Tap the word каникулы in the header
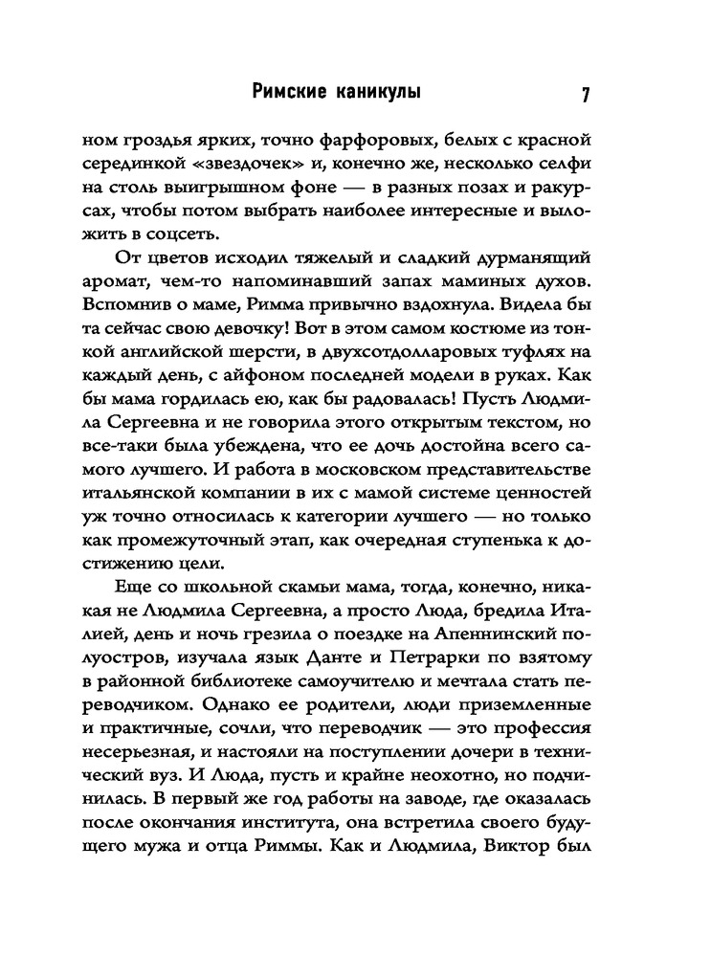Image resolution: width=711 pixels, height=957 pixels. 378,93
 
